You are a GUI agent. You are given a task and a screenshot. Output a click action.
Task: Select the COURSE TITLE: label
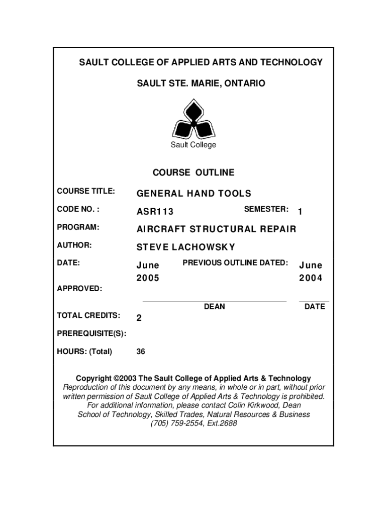pos(86,191)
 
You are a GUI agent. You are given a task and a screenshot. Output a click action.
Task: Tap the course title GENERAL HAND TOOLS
pos(194,194)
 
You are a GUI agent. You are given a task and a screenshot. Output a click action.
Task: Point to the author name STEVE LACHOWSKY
pos(186,247)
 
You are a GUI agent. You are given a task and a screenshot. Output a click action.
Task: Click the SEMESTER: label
pos(266,209)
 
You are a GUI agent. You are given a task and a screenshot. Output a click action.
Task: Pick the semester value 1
pos(300,213)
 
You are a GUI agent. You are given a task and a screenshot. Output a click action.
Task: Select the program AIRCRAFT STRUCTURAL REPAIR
pos(217,229)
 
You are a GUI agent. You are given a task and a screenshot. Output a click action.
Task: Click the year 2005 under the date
pos(148,278)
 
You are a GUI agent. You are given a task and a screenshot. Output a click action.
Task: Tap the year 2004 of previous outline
pos(311,278)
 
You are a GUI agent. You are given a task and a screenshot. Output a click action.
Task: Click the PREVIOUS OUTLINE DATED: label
pos(235,263)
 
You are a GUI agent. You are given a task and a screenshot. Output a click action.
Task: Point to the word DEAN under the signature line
pos(215,306)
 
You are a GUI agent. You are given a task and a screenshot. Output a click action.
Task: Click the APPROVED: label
pos(79,289)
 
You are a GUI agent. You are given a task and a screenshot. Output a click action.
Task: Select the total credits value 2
pos(139,318)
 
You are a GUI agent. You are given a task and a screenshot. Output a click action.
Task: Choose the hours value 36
pos(141,352)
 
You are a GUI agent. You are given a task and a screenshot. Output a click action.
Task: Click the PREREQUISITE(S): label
pos(91,333)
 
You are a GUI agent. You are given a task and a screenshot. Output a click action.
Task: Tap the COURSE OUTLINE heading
pos(193,173)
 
